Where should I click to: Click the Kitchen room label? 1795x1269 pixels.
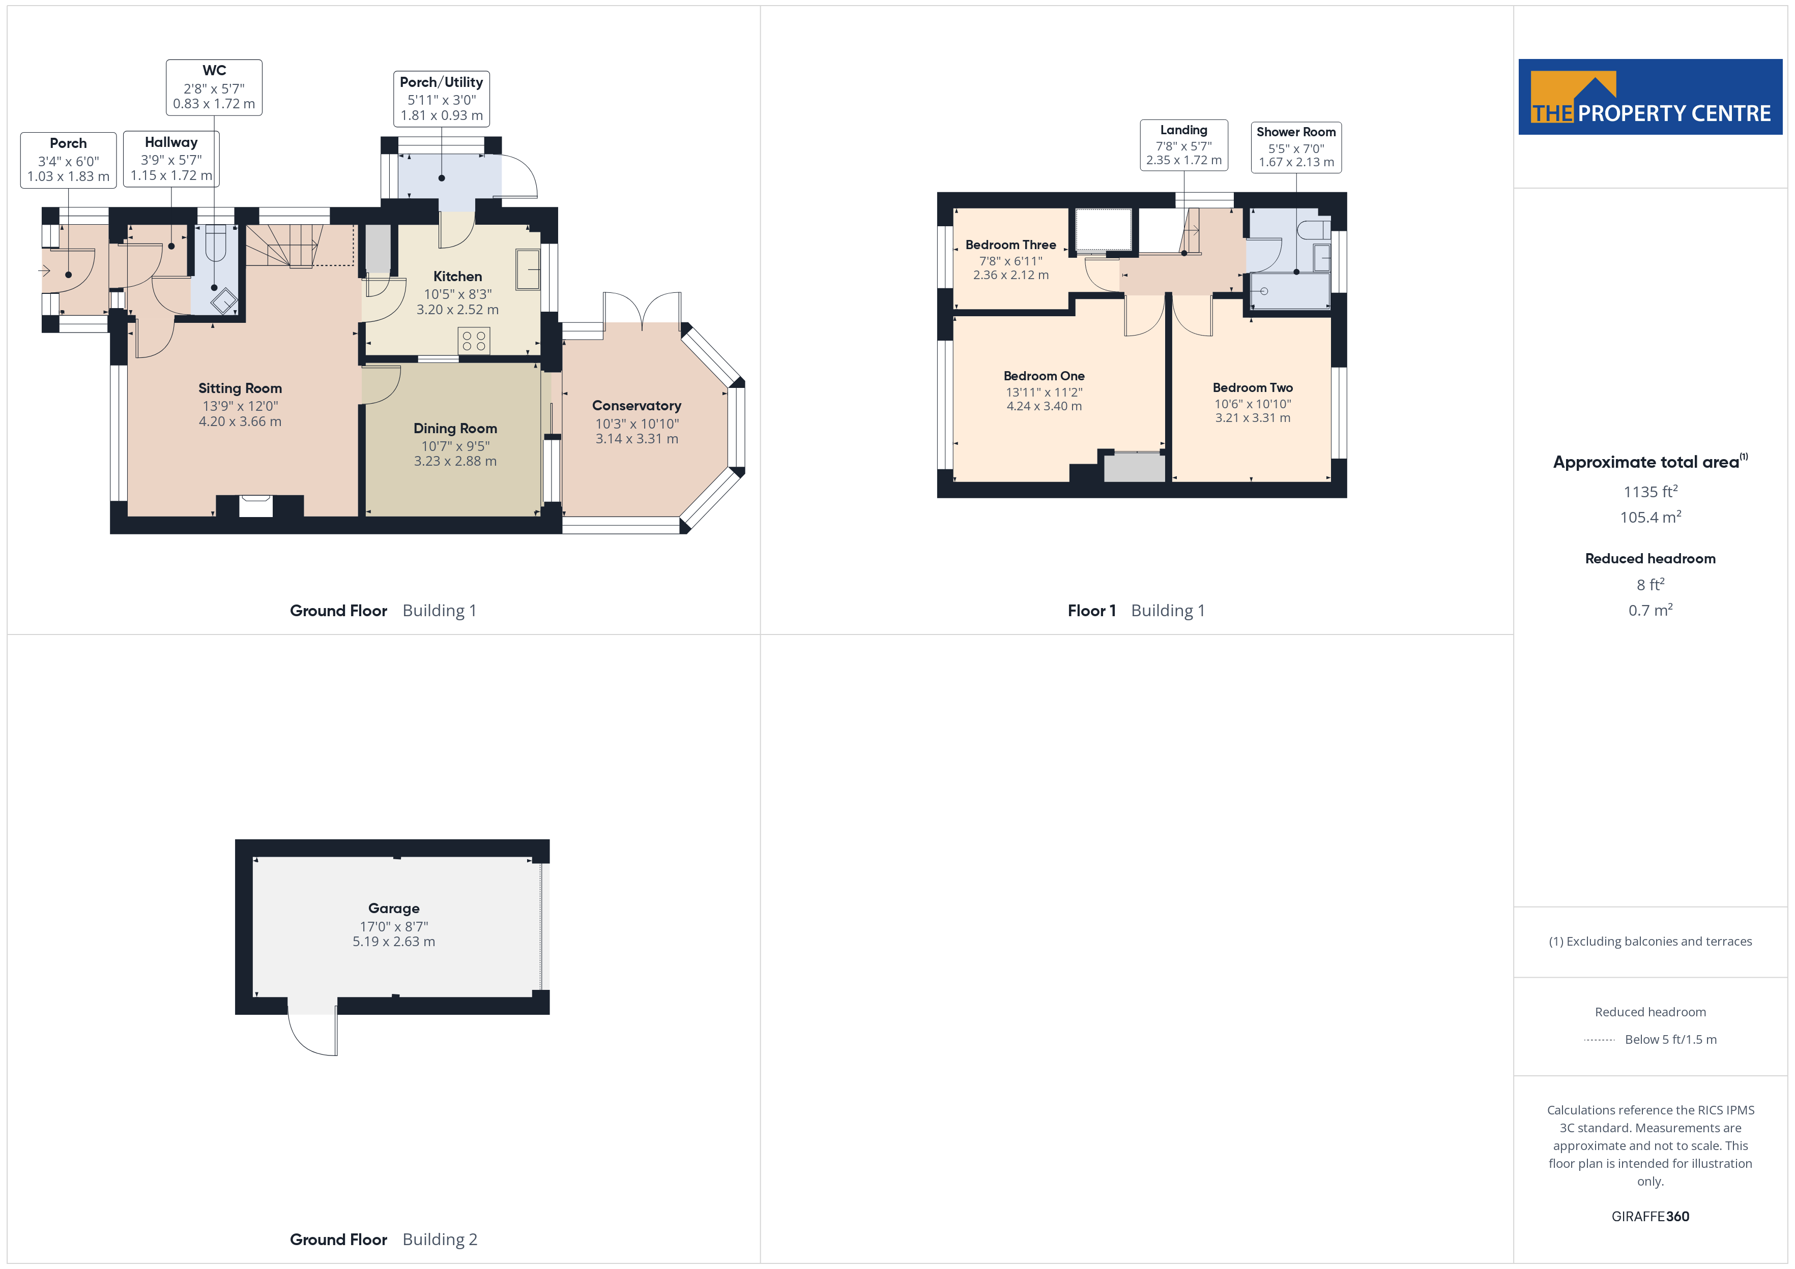tap(457, 277)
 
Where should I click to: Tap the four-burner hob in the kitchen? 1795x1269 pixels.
tap(474, 341)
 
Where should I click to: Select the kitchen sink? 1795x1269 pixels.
tap(528, 269)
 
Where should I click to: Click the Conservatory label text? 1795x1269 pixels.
tap(636, 406)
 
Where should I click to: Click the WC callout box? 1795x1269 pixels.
tap(214, 87)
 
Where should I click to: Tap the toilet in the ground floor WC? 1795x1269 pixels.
tap(215, 243)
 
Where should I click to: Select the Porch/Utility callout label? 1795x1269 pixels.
tap(442, 98)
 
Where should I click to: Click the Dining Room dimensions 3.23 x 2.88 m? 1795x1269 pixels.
tap(455, 461)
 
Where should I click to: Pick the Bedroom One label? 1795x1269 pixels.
tap(1044, 376)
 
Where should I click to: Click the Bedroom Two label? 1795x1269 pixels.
tap(1253, 387)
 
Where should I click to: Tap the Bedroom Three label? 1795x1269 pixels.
tap(1011, 245)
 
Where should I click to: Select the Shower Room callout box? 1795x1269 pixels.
tap(1296, 147)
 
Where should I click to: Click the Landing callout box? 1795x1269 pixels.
tap(1183, 145)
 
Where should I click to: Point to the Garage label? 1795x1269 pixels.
tap(394, 908)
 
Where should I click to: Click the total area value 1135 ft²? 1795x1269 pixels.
tap(1651, 492)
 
